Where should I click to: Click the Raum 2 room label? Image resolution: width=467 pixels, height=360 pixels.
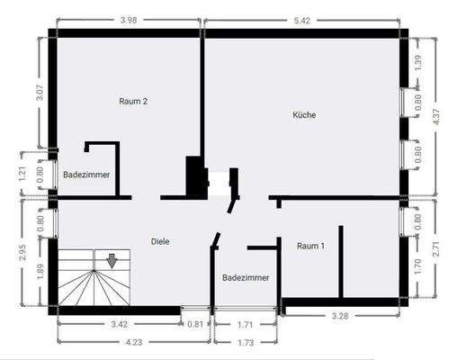pos(133,102)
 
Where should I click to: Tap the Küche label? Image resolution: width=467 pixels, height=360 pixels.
pos(304,114)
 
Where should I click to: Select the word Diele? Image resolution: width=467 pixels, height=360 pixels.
pos(161,241)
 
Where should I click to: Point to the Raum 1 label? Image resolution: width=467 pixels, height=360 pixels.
pos(311,245)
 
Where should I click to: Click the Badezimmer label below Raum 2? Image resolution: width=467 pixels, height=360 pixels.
pos(86,175)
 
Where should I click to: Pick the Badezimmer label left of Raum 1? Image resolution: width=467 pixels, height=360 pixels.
pos(246,278)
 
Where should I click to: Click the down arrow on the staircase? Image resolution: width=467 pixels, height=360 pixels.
pos(112,261)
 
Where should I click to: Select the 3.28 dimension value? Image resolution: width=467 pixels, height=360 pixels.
pos(340,317)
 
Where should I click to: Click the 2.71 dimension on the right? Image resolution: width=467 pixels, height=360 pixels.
pos(441,248)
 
